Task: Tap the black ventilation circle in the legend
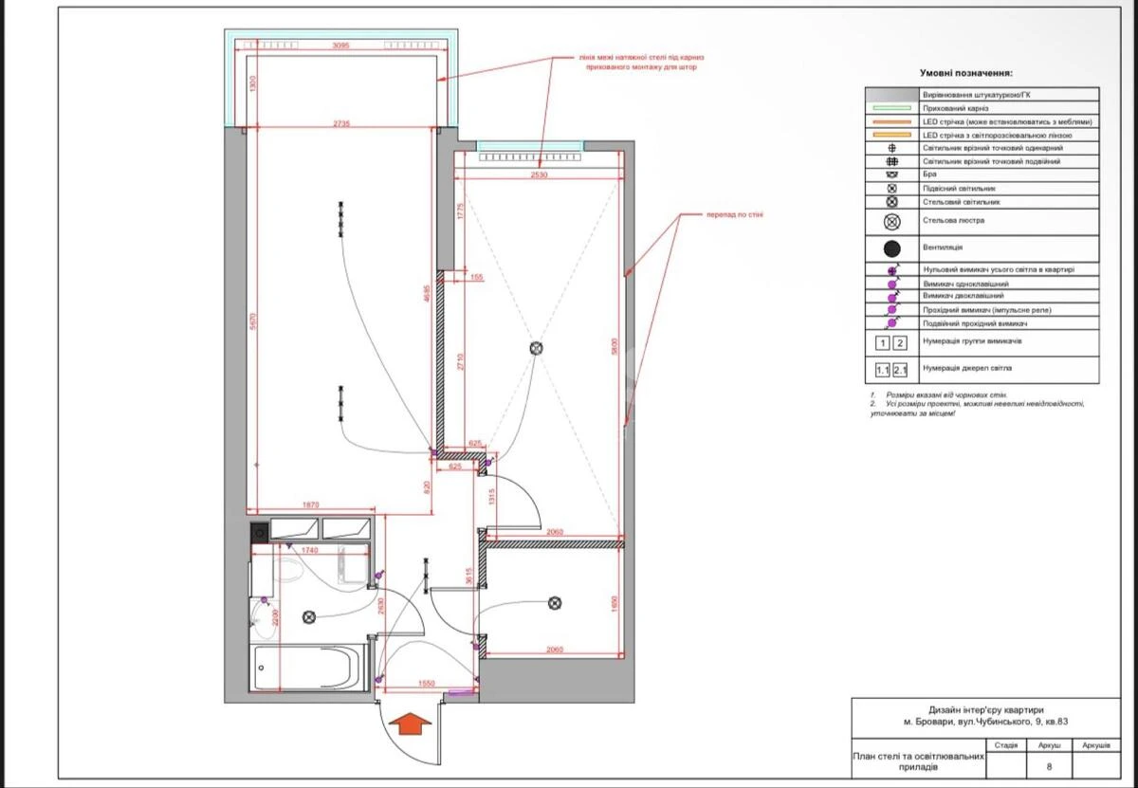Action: [x=891, y=248]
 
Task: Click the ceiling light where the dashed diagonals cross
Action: [x=536, y=349]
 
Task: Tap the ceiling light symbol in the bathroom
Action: [x=308, y=616]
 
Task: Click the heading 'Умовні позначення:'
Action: [x=966, y=73]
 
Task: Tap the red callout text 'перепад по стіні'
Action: [x=734, y=214]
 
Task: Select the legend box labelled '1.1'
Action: [x=882, y=370]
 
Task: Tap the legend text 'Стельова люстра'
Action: [x=953, y=221]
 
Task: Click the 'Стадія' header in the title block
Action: [x=1006, y=745]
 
